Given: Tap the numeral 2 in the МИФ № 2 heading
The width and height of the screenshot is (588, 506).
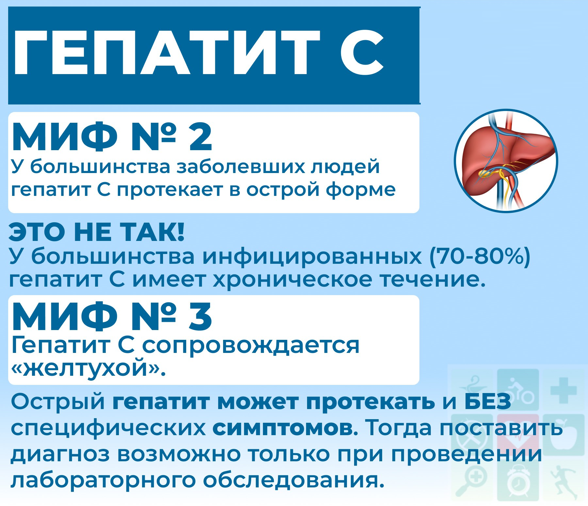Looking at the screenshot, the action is coord(201,137).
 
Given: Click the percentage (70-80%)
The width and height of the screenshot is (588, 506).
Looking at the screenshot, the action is coord(480,257).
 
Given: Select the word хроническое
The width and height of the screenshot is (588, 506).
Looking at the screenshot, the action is coord(292,280).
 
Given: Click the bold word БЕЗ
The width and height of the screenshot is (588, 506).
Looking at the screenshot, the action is coord(488,402).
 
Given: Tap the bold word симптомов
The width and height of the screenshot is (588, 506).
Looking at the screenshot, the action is coord(283,428).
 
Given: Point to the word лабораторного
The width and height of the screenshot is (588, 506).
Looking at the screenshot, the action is coord(104,481).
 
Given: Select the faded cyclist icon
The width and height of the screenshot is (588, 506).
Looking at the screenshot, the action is coord(518,390).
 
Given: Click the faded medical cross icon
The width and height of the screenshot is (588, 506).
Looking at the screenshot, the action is coord(563,390).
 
